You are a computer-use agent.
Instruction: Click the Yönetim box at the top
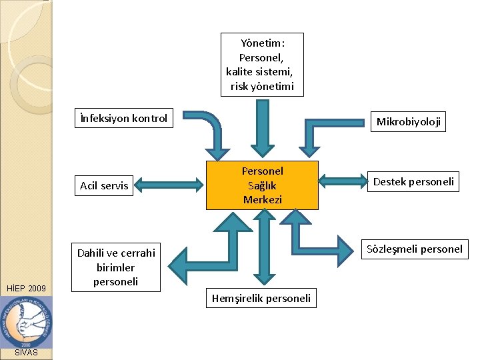coord(262,65)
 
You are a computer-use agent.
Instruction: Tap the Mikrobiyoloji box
coord(409,121)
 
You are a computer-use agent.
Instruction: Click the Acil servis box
coord(104,185)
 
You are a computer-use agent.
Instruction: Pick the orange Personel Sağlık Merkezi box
coord(262,185)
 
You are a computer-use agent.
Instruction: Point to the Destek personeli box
coord(413,181)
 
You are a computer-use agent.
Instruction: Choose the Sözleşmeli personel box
coord(413,249)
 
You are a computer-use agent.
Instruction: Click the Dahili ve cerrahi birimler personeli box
coord(116,267)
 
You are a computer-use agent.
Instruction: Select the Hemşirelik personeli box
coord(261,298)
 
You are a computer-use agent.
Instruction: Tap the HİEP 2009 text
coord(26,289)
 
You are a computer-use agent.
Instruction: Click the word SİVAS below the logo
coord(26,352)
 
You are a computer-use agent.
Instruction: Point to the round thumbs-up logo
coord(27,321)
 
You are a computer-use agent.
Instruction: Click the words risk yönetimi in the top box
coord(262,87)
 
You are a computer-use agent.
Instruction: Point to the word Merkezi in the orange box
coord(262,199)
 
